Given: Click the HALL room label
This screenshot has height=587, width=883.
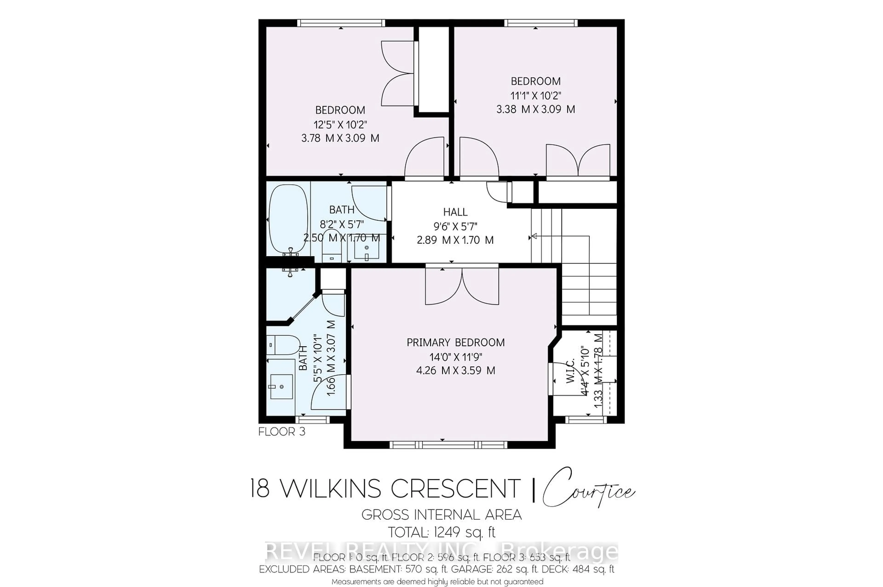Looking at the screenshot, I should pos(455,212).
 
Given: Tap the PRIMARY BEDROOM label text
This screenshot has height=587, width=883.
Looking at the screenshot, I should pos(455,342).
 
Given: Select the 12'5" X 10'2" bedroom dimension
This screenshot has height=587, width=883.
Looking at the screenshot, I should pos(340,124).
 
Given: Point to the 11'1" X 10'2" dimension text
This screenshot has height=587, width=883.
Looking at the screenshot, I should pos(536,95).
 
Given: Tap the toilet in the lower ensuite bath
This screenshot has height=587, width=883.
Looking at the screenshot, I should pos(284,345).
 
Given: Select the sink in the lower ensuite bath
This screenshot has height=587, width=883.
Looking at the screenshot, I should pos(281,386).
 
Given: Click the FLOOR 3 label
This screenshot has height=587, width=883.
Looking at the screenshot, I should pos(282,432).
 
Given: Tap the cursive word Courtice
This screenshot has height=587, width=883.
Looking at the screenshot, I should pos(588,489).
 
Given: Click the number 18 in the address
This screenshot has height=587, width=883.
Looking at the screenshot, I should pos(260,489).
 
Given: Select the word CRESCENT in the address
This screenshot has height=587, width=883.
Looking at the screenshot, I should pos(455,489).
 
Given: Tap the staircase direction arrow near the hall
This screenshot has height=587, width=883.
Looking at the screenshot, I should pos(535,236).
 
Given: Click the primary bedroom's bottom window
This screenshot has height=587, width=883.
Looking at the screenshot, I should pos(448,445).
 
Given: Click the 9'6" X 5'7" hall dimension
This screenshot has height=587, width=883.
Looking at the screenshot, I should pos(455,226).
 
